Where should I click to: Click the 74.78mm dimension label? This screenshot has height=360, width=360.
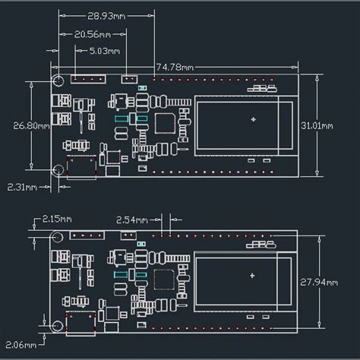point(175,67)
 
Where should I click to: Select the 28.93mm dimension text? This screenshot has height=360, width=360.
point(107,15)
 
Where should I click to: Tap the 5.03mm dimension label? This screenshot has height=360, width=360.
point(105,51)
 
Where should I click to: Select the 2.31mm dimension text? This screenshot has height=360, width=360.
point(23,185)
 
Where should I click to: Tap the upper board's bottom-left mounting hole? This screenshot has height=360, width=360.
point(58,171)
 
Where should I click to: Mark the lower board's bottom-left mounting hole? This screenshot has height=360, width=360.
point(56,327)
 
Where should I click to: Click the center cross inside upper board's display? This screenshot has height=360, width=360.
point(252,118)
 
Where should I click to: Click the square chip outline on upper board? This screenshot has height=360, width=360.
point(165,122)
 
